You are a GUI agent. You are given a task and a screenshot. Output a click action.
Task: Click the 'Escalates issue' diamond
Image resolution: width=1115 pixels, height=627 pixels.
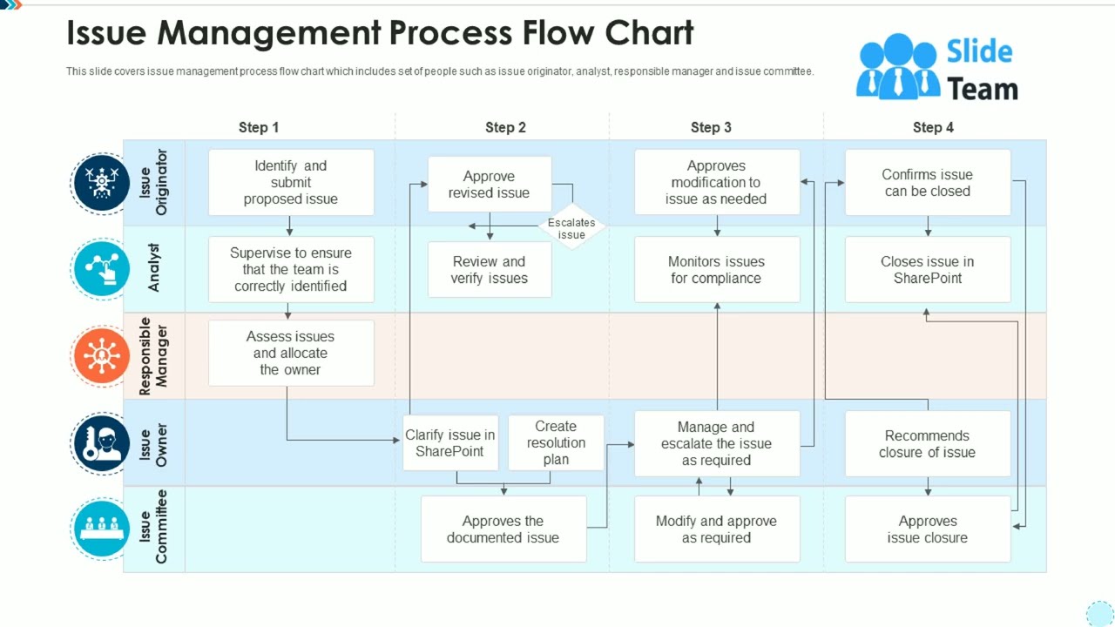pyautogui.click(x=571, y=228)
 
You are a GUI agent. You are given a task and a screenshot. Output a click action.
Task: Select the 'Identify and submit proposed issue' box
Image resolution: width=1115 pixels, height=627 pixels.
pyautogui.click(x=291, y=182)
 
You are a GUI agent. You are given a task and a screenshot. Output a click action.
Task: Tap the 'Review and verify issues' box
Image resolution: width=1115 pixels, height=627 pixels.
pyautogui.click(x=489, y=270)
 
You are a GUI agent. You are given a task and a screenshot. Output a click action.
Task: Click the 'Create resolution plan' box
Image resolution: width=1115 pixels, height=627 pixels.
pyautogui.click(x=556, y=442)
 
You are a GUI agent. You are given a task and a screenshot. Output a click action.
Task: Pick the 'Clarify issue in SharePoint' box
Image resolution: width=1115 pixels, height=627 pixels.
pyautogui.click(x=450, y=442)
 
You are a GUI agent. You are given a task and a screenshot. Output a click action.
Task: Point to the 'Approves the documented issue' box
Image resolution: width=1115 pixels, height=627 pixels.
pyautogui.click(x=503, y=529)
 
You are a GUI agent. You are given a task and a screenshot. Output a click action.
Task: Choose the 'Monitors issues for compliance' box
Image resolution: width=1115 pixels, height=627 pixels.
pyautogui.click(x=716, y=270)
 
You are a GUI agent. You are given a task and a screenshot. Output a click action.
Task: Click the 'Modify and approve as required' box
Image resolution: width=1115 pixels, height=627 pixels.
pyautogui.click(x=716, y=529)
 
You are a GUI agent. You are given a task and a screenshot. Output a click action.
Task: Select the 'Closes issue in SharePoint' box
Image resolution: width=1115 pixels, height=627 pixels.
pyautogui.click(x=927, y=270)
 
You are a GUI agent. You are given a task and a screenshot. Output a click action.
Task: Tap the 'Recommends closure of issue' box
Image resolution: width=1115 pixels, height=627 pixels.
pyautogui.click(x=927, y=443)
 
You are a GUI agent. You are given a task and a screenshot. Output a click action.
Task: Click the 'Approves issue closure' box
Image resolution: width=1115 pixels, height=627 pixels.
pyautogui.click(x=927, y=529)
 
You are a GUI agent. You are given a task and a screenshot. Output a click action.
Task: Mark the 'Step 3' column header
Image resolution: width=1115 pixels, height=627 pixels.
pyautogui.click(x=711, y=127)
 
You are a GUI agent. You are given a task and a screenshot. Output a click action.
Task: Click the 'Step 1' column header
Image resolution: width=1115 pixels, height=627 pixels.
pyautogui.click(x=259, y=127)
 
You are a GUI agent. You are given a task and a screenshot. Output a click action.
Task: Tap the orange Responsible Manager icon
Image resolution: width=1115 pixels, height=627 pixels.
pyautogui.click(x=102, y=356)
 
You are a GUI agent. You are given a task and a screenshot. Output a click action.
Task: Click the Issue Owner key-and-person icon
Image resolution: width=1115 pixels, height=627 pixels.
pyautogui.click(x=102, y=443)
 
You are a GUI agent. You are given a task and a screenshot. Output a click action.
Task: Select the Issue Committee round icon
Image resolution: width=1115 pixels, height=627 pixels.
pyautogui.click(x=102, y=527)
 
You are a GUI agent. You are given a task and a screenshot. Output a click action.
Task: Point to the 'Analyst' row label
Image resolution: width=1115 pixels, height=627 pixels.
pyautogui.click(x=154, y=268)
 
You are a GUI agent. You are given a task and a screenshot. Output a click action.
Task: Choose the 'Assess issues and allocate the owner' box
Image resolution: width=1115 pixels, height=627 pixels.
pyautogui.click(x=291, y=353)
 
